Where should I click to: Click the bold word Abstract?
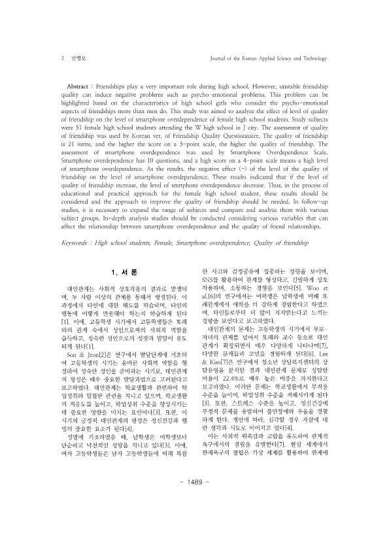pyautogui.click(x=81, y=87)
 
